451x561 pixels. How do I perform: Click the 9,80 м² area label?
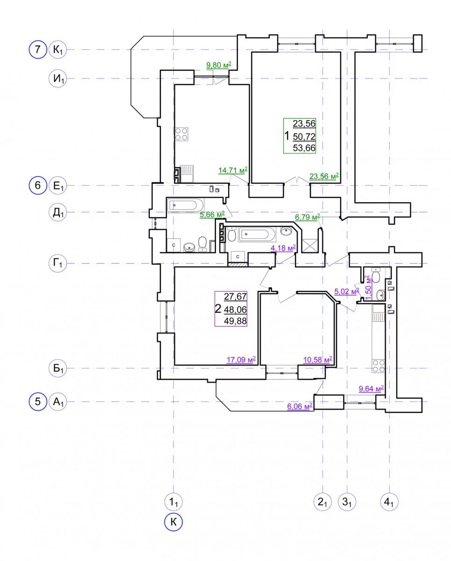click(x=219, y=65)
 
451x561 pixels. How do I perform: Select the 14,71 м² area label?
click(x=233, y=170)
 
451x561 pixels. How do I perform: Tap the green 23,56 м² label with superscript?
click(x=324, y=176)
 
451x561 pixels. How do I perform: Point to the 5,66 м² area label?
click(x=212, y=215)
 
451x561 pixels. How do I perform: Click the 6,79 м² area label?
click(x=308, y=217)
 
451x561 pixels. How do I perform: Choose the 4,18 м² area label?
click(x=283, y=248)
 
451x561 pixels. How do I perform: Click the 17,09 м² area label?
click(x=241, y=360)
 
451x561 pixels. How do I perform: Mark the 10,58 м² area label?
click(x=317, y=360)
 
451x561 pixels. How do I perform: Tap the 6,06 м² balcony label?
click(x=300, y=406)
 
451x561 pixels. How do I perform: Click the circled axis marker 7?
click(x=38, y=49)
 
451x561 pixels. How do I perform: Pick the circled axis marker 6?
click(x=38, y=185)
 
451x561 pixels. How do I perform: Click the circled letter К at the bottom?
click(x=173, y=522)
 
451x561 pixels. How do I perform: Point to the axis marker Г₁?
click(x=58, y=263)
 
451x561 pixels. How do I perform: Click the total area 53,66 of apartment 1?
click(x=304, y=148)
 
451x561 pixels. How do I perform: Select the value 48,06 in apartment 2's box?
click(x=235, y=309)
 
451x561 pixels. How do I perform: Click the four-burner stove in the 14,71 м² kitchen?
click(x=182, y=134)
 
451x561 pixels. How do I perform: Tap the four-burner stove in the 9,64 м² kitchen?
click(x=378, y=366)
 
